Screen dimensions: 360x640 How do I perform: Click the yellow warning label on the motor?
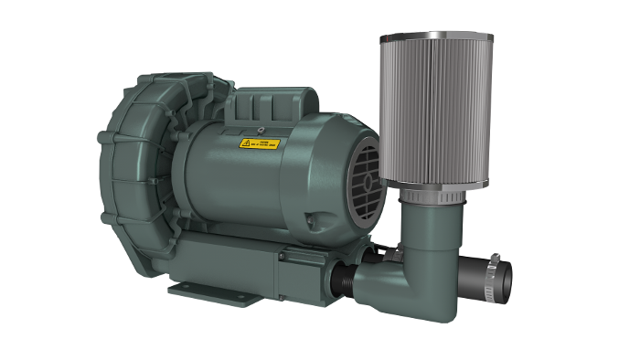(x=261, y=143)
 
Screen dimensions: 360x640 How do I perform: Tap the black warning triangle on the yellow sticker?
(x=246, y=143)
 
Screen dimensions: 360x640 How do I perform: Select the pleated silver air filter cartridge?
(x=436, y=110)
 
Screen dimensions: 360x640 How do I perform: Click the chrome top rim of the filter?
(x=436, y=37)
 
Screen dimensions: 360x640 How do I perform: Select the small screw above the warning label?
(x=261, y=129)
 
